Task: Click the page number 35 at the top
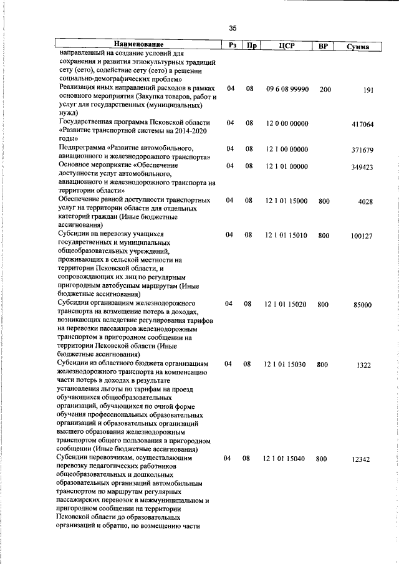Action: (x=233, y=27)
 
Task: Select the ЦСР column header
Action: (x=287, y=45)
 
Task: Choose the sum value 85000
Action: (x=362, y=305)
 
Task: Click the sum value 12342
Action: (x=361, y=459)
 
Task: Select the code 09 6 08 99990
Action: (x=287, y=90)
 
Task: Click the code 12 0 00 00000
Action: (x=287, y=124)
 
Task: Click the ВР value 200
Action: (x=325, y=90)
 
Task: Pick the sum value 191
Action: (x=367, y=91)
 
